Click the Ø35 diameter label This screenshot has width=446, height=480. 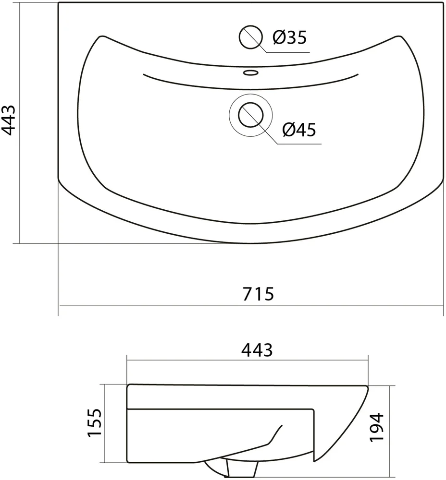pos(289,37)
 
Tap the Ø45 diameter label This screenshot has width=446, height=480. pos(299,130)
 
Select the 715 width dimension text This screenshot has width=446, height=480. pos(258,294)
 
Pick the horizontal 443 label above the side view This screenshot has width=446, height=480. pos(257,350)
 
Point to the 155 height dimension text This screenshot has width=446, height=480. pos(94,423)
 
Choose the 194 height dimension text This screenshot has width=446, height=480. pos(376,427)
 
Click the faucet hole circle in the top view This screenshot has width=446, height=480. pos(251,37)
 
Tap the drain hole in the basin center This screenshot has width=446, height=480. pos(251,115)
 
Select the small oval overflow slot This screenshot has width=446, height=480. pos(251,72)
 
